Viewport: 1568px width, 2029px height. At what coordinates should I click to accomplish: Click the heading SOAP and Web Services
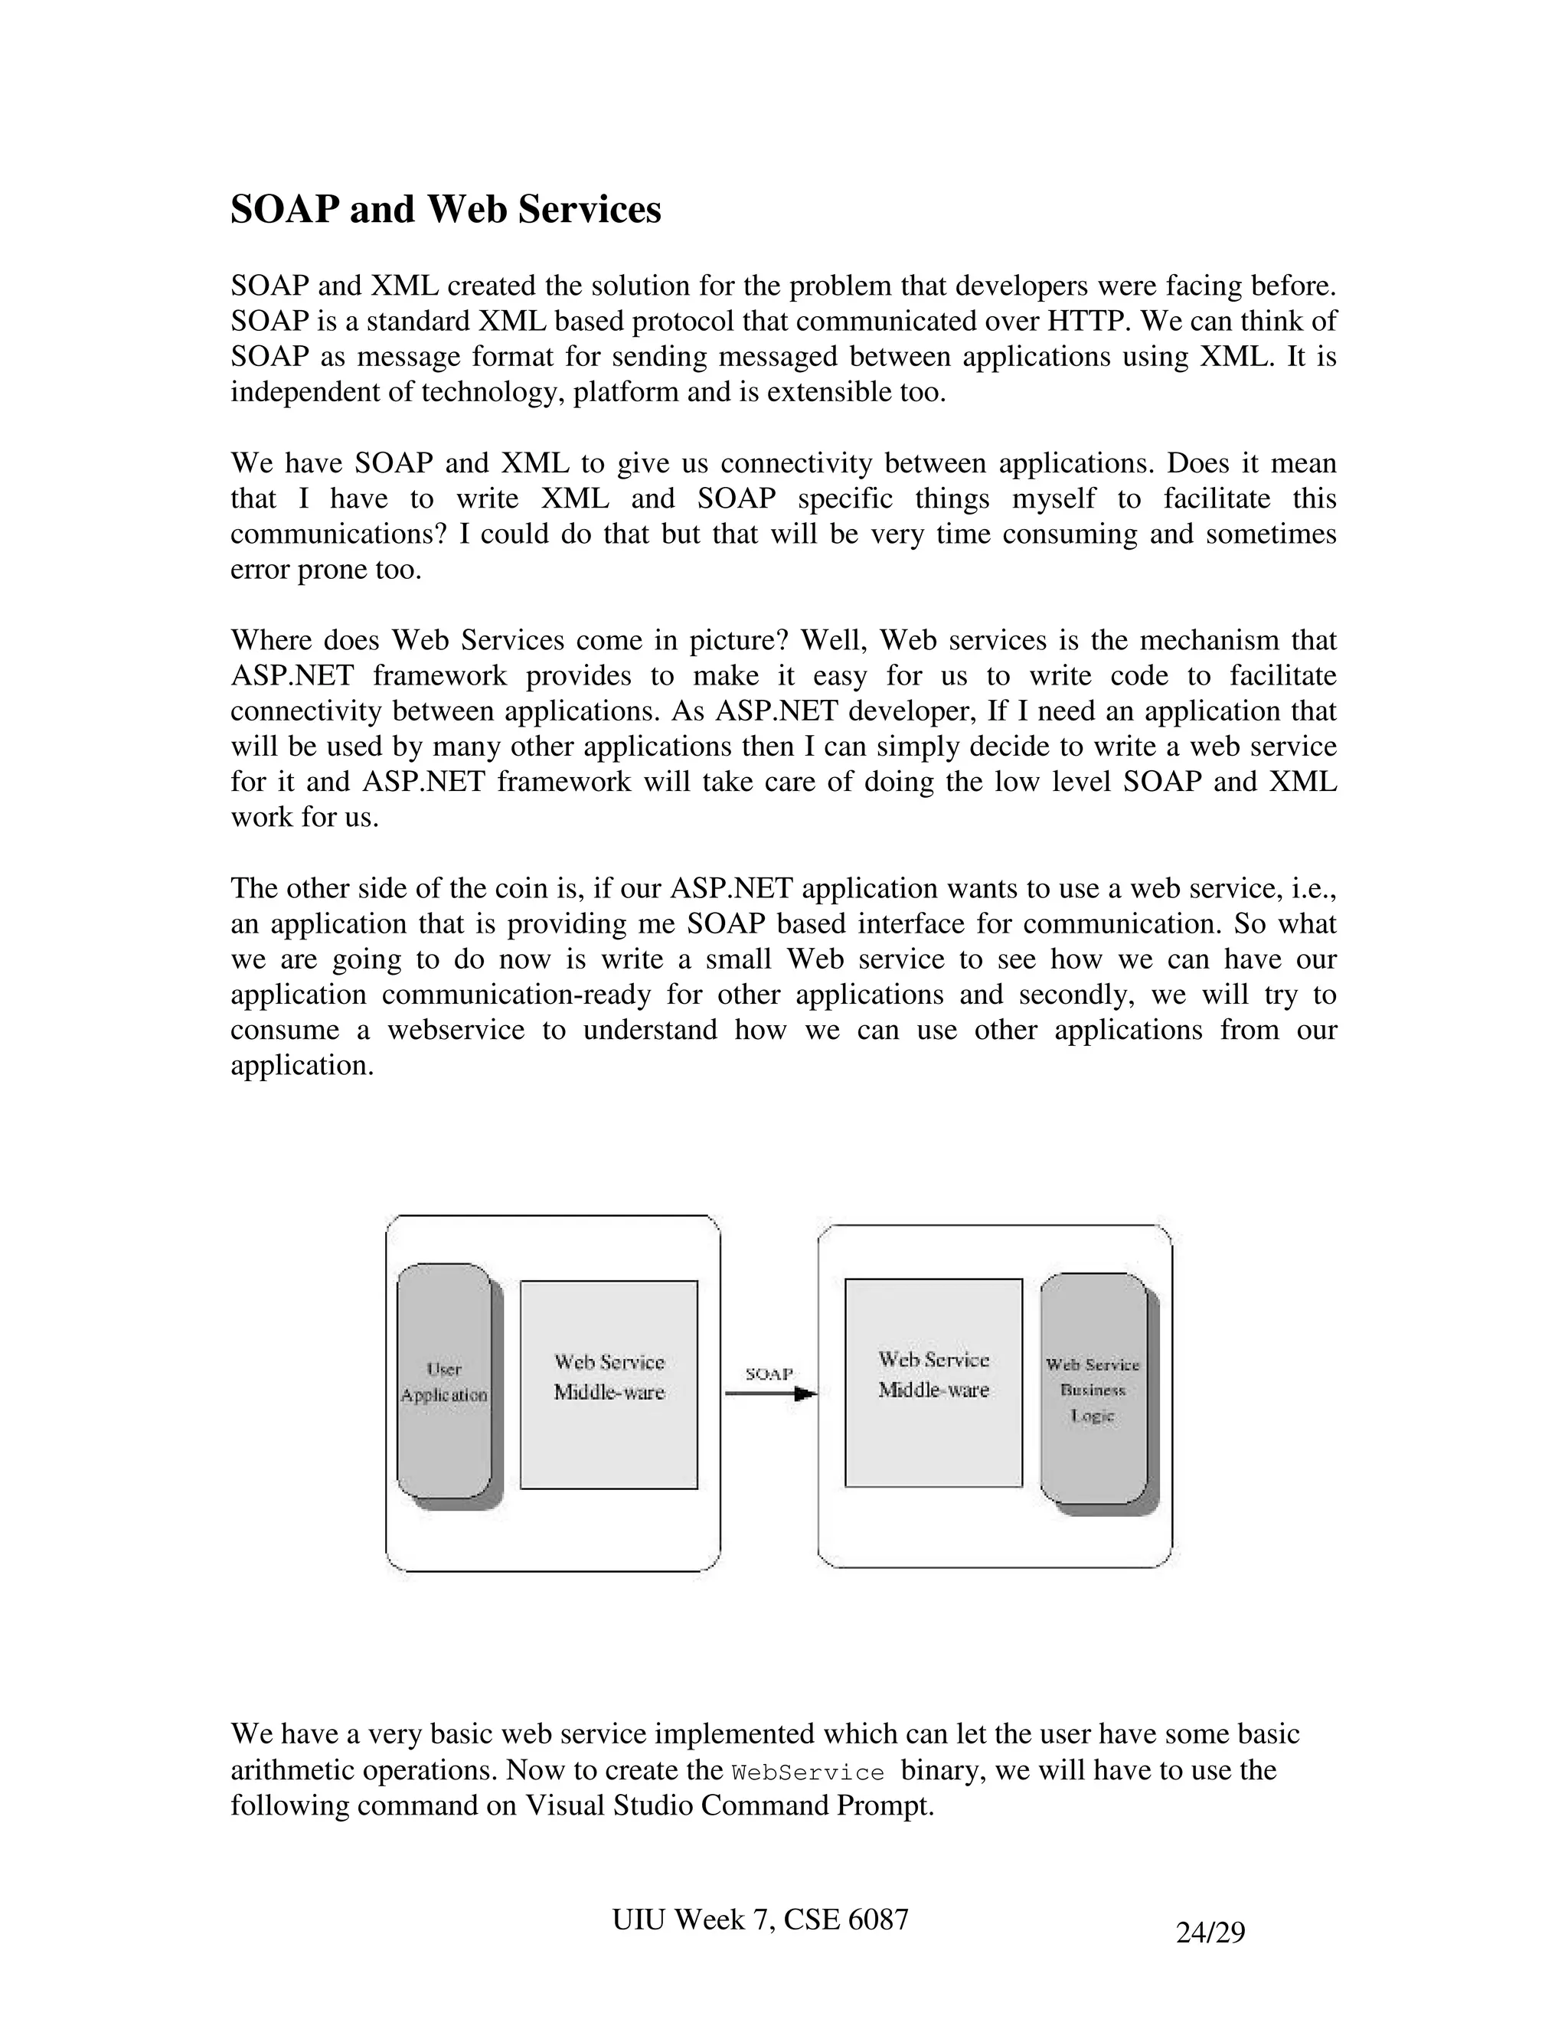point(445,210)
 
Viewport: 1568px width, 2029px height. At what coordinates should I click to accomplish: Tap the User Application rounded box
point(444,1380)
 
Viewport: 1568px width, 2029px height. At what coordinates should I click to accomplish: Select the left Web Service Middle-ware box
point(609,1384)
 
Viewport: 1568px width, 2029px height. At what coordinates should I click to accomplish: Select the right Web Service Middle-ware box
point(933,1382)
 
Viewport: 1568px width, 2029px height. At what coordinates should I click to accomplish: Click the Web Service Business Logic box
point(1093,1389)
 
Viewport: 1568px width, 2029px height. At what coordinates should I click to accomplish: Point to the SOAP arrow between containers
point(769,1394)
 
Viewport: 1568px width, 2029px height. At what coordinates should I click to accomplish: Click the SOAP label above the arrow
point(769,1373)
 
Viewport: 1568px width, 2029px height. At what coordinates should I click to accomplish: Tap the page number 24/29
point(1210,1933)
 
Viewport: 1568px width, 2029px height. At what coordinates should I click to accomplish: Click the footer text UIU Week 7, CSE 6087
point(759,1920)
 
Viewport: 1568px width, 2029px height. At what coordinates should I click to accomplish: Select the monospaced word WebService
point(807,1773)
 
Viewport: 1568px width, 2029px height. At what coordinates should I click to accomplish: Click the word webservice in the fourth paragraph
point(456,1031)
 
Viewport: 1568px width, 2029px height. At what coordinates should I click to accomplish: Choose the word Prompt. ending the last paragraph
point(885,1806)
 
